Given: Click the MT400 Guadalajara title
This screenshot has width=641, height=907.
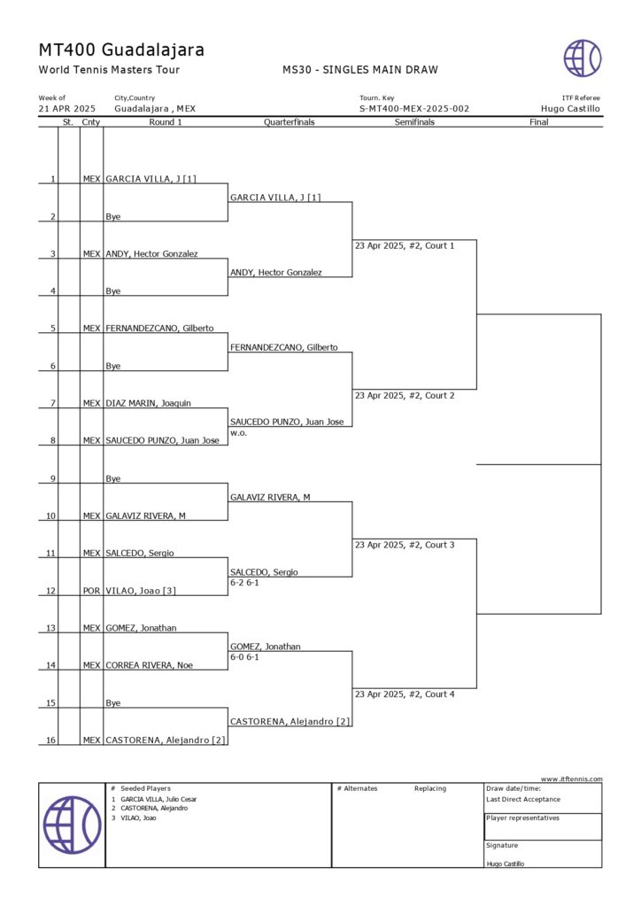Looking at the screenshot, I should coord(121,50).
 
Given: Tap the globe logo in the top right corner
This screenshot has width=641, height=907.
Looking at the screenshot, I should coord(583,58).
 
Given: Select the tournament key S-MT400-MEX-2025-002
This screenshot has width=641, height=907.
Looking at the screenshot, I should coord(414,109).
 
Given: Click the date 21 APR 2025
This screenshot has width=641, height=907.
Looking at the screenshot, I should coord(66,109).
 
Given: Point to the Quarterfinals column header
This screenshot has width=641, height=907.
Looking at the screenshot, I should coord(290,122).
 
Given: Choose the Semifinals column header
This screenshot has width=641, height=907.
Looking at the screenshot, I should coord(414,122).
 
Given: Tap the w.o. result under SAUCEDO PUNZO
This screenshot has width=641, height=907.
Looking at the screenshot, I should coord(237,434).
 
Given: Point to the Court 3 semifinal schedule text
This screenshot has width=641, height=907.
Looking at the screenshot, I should coord(404,545).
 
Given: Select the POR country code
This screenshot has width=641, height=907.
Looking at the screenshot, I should coord(91,590).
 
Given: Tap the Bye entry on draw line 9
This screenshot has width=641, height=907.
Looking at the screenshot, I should coord(113,478).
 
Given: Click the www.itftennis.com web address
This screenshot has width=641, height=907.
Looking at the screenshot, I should coord(571,779).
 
